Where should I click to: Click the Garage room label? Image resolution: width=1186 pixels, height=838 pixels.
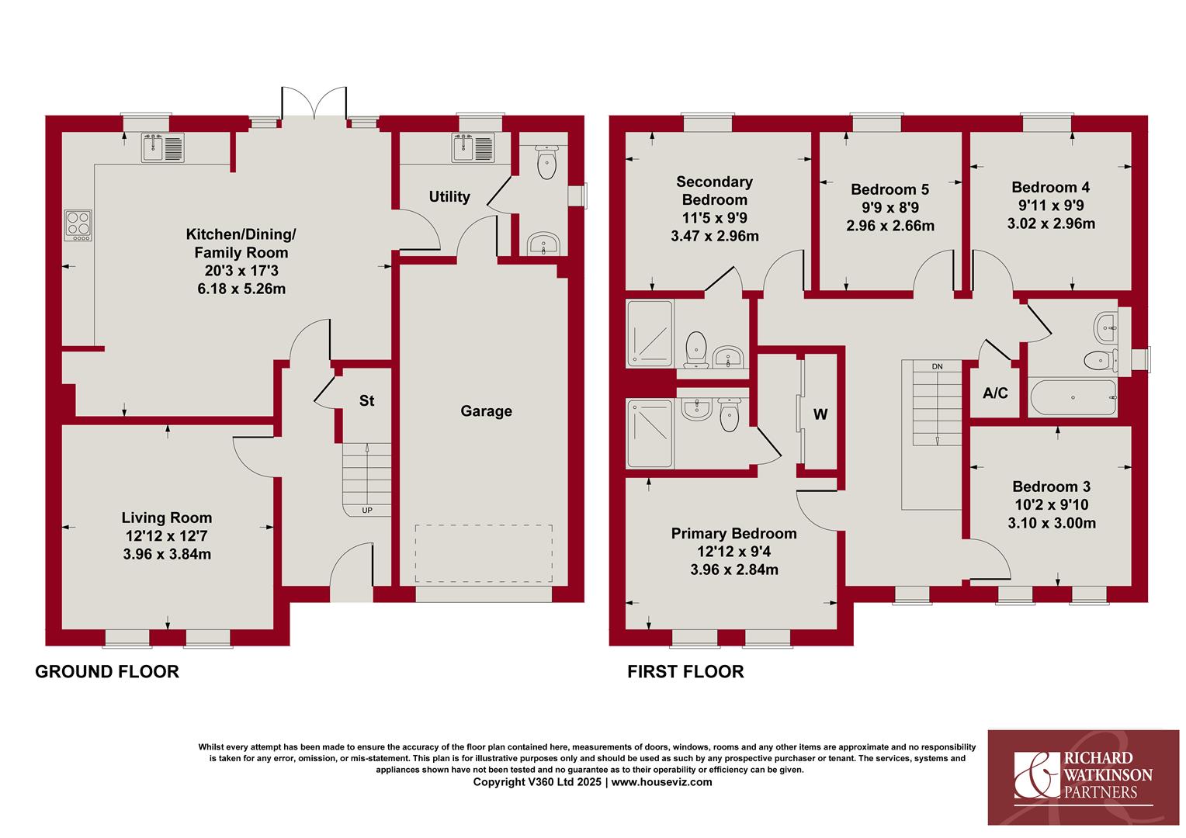pyautogui.click(x=486, y=411)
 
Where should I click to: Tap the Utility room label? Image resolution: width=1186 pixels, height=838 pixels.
pyautogui.click(x=449, y=197)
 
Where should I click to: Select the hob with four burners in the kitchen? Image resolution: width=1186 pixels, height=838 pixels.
pyautogui.click(x=78, y=226)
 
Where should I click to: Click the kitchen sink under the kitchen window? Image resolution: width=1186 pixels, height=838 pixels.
pyautogui.click(x=163, y=147)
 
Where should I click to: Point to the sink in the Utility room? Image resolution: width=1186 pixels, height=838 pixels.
pyautogui.click(x=473, y=147)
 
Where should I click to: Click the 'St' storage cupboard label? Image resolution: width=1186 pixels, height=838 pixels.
pyautogui.click(x=366, y=400)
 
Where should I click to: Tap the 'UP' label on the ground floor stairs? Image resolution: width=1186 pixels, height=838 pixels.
pyautogui.click(x=367, y=511)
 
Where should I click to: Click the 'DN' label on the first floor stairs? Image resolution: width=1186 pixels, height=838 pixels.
pyautogui.click(x=937, y=366)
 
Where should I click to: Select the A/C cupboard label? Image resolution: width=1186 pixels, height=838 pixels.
pyautogui.click(x=995, y=393)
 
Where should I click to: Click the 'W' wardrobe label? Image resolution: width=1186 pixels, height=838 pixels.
pyautogui.click(x=820, y=414)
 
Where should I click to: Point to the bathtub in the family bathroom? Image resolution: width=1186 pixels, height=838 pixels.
pyautogui.click(x=1073, y=397)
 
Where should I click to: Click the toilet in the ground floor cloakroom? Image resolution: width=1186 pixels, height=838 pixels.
pyautogui.click(x=546, y=162)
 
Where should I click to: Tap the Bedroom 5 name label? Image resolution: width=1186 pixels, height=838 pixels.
pyautogui.click(x=890, y=189)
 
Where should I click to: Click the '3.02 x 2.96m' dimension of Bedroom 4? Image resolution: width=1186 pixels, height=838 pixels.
pyautogui.click(x=1051, y=223)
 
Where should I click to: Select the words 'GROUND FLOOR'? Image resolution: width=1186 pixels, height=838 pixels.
pyautogui.click(x=107, y=672)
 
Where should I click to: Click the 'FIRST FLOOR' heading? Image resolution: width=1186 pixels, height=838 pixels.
pyautogui.click(x=685, y=672)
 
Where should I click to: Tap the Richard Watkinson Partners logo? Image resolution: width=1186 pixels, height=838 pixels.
pyautogui.click(x=1084, y=777)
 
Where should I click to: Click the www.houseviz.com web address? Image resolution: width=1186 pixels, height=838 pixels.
pyautogui.click(x=662, y=782)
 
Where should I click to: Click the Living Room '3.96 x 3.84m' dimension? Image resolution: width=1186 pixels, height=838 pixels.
pyautogui.click(x=167, y=554)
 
